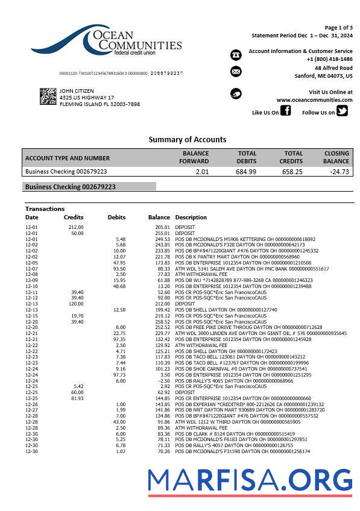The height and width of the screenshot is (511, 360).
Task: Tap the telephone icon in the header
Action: click(236, 55)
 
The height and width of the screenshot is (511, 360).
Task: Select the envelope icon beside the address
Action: click(236, 72)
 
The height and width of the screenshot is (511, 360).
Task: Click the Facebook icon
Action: click(286, 110)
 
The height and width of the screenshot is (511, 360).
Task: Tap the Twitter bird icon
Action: click(342, 110)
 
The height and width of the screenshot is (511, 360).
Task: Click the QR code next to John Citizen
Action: click(48, 96)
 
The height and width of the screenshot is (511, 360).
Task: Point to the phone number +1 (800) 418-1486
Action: click(329, 59)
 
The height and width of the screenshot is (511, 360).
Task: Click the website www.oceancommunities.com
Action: click(314, 100)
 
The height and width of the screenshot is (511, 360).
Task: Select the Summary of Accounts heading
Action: click(188, 139)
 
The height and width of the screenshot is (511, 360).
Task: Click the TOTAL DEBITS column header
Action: click(247, 157)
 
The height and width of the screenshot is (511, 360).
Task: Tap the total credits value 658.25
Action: click(292, 172)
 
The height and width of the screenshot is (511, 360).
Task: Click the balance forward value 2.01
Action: click(202, 172)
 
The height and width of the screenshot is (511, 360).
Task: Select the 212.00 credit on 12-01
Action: click(76, 227)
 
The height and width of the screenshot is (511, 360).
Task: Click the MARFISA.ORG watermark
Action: click(250, 480)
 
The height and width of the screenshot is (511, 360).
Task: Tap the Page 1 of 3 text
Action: click(338, 28)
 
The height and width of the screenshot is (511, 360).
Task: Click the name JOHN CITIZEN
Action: click(77, 91)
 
